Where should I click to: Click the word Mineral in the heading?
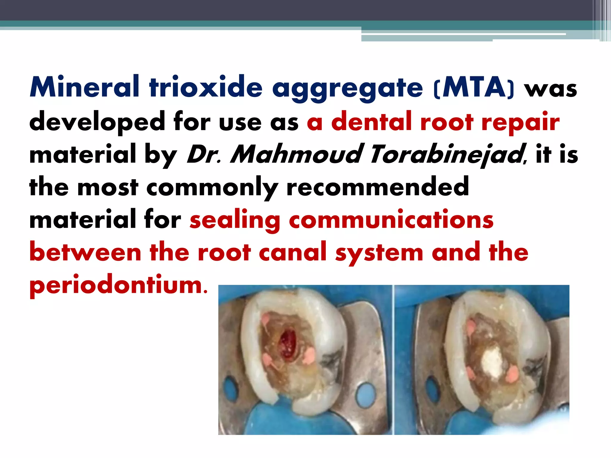(85, 87)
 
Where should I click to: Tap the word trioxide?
(206, 87)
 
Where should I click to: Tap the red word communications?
(391, 220)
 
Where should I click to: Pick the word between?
(85, 252)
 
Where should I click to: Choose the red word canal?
(293, 252)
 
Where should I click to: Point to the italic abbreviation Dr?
(203, 154)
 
